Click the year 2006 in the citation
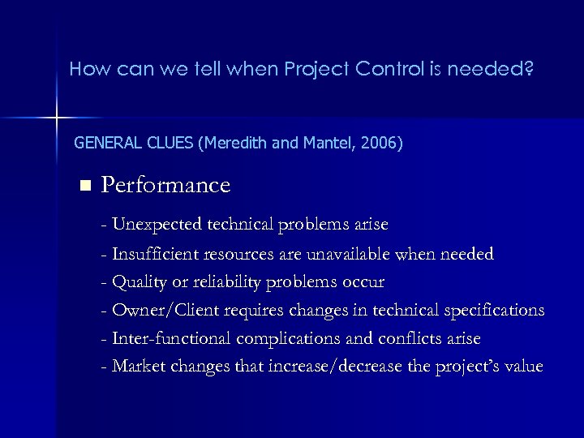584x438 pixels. tap(380, 144)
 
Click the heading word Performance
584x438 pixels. tap(165, 186)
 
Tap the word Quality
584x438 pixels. tap(137, 282)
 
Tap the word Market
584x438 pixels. tap(138, 366)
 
